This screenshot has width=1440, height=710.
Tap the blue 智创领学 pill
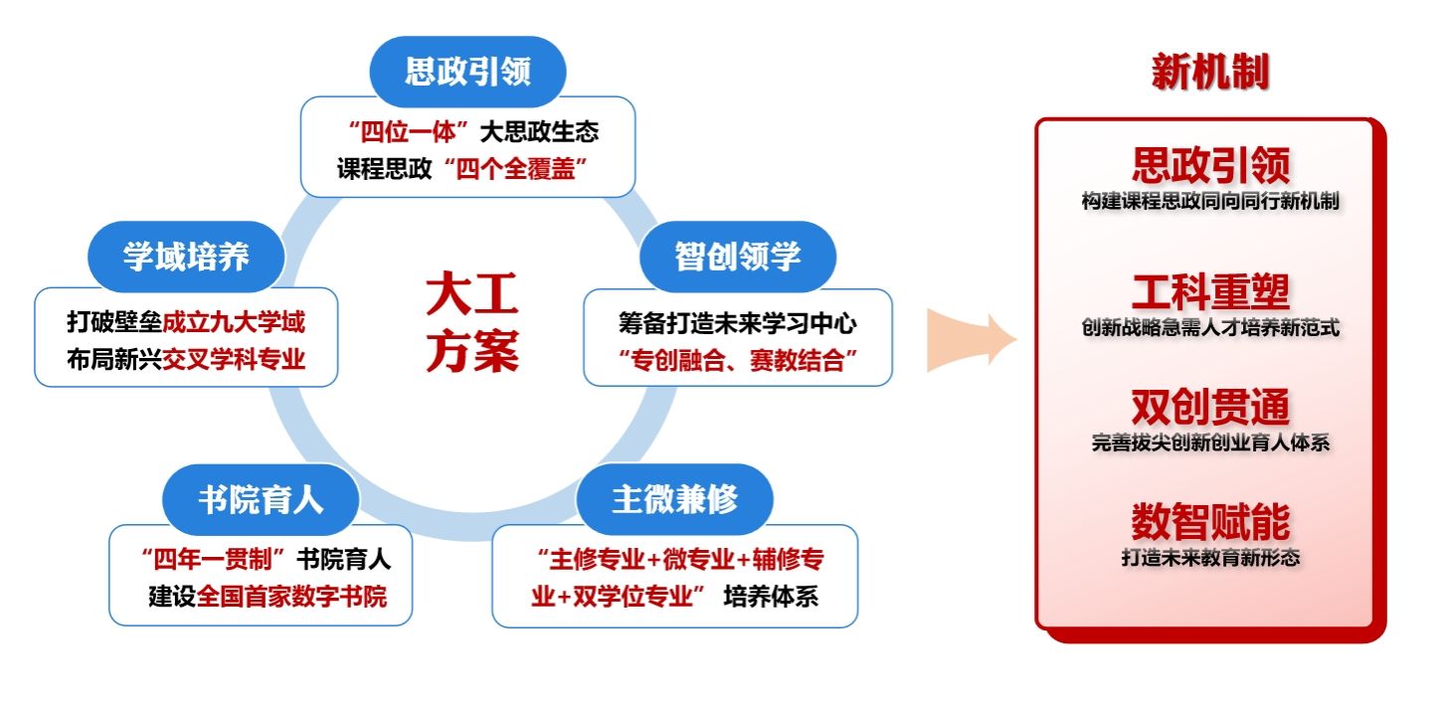click(737, 257)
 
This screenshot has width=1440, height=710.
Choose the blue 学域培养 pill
click(186, 257)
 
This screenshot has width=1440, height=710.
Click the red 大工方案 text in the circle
click(472, 324)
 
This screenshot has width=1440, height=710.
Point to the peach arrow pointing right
click(971, 338)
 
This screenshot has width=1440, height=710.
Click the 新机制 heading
click(1210, 73)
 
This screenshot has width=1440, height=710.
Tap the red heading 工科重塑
click(1210, 292)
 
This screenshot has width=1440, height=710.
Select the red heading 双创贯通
click(1210, 408)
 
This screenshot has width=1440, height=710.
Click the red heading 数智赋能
click(1210, 522)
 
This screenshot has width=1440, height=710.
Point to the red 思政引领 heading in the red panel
click(1210, 165)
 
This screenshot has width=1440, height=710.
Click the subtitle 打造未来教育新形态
click(1210, 558)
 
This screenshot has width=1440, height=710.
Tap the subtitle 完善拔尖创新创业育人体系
click(1210, 444)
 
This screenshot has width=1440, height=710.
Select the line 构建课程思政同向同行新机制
click(1210, 201)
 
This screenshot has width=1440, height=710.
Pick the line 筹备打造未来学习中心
click(737, 323)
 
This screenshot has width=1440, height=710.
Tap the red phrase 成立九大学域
click(234, 322)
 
